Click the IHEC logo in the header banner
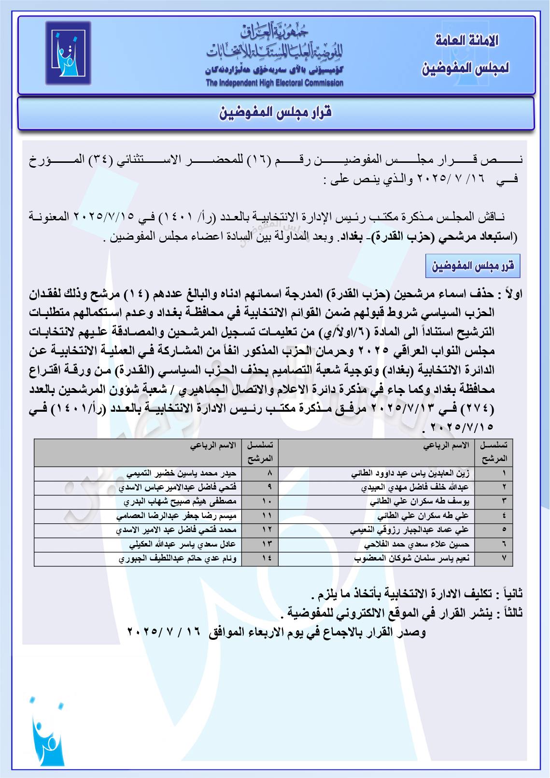pyautogui.click(x=68, y=53)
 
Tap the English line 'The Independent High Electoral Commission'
pyautogui.click(x=274, y=83)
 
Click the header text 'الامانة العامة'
pyautogui.click(x=466, y=41)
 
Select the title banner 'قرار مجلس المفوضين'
pyautogui.click(x=276, y=113)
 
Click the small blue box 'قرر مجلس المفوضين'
pyautogui.click(x=472, y=266)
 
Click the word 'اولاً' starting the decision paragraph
pyautogui.click(x=513, y=294)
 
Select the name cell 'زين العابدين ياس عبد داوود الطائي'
pyautogui.click(x=410, y=473)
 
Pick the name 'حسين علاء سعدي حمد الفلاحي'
pyautogui.click(x=416, y=544)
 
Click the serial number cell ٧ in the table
pyautogui.click(x=504, y=558)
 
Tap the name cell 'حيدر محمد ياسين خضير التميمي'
pyautogui.click(x=182, y=473)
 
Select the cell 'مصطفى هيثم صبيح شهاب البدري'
pyautogui.click(x=180, y=502)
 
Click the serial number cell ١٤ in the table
pyautogui.click(x=267, y=558)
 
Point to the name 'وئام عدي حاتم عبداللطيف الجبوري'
pyautogui.click(x=178, y=558)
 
